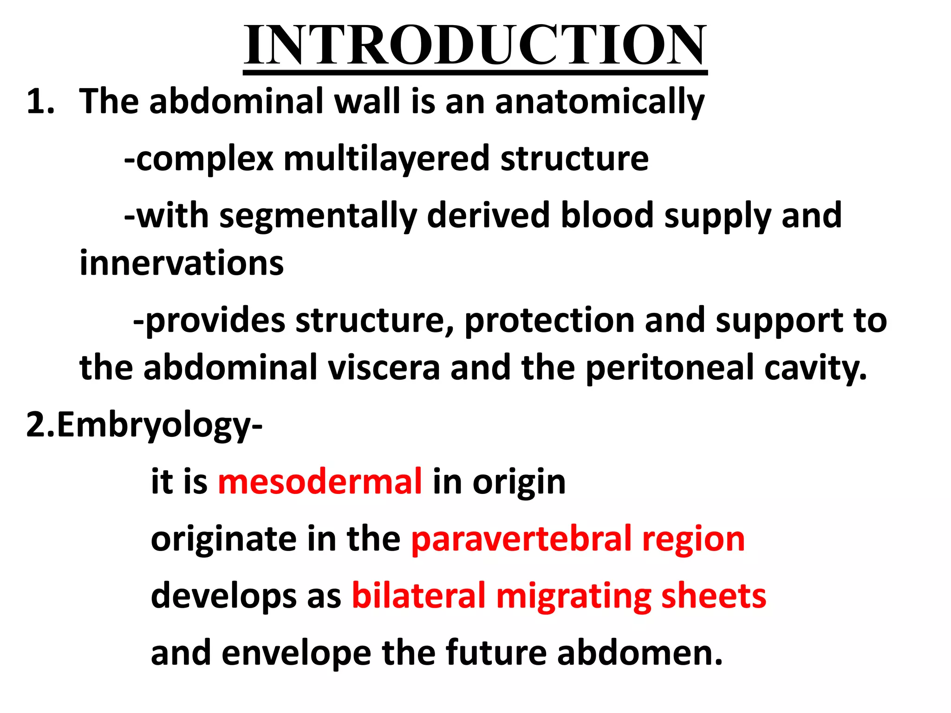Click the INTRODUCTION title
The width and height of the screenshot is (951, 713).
pyautogui.click(x=475, y=45)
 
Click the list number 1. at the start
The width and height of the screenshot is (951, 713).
pyautogui.click(x=40, y=102)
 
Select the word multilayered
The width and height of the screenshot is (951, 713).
pyautogui.click(x=386, y=159)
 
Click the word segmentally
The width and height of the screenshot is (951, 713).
pyautogui.click(x=318, y=216)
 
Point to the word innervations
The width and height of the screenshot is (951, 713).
pyautogui.click(x=182, y=263)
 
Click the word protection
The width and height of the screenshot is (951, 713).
pyautogui.click(x=549, y=321)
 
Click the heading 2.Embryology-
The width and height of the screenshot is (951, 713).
pyautogui.click(x=144, y=425)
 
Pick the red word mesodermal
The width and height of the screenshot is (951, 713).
pyautogui.click(x=320, y=482)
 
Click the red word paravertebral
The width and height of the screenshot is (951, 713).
pyautogui.click(x=521, y=539)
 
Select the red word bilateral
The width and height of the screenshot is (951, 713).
pyautogui.click(x=418, y=596)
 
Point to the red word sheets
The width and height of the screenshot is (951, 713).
pyautogui.click(x=713, y=596)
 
